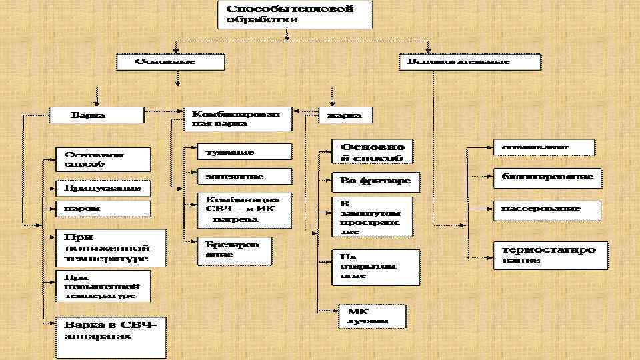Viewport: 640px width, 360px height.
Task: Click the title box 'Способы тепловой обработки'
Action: pos(295,15)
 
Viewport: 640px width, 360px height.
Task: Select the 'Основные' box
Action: pos(169,61)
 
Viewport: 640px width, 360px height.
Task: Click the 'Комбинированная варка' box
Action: pos(237,119)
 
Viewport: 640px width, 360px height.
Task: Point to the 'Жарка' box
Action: pos(345,115)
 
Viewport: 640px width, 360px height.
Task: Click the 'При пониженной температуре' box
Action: pos(109,247)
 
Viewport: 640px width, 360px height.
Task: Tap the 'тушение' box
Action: pos(244,152)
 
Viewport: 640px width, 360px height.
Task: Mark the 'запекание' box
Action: pos(244,177)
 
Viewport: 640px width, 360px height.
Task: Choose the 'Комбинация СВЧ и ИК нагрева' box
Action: pos(244,210)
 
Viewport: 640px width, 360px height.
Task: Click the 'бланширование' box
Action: pos(547,178)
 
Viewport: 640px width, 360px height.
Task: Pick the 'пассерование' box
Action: pos(547,209)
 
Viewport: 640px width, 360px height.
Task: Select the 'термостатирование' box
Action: pos(550,255)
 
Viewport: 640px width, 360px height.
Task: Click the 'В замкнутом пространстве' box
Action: pos(372,215)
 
